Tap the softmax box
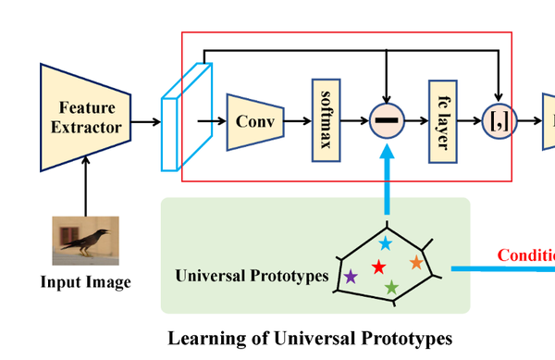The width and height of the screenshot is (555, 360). click(x=327, y=120)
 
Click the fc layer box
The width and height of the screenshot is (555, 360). click(x=443, y=120)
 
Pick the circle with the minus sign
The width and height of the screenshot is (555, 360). click(x=386, y=120)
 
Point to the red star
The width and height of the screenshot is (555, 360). click(x=378, y=267)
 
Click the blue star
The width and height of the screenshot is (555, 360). click(x=385, y=243)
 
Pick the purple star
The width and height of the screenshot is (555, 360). click(x=351, y=276)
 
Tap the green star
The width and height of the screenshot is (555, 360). click(x=391, y=289)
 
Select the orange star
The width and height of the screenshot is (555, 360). click(x=416, y=263)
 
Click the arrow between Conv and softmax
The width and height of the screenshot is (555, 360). click(x=298, y=120)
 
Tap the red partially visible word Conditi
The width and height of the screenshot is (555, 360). click(x=525, y=255)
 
